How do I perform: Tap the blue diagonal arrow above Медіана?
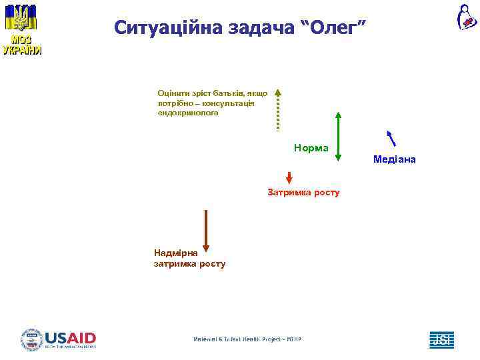392,137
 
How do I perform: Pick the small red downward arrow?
289,177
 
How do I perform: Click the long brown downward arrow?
206,231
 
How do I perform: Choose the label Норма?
311,147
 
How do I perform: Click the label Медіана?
395,159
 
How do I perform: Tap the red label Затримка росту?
303,193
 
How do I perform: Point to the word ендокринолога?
188,113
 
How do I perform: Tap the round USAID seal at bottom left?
31,339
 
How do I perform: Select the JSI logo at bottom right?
441,339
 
